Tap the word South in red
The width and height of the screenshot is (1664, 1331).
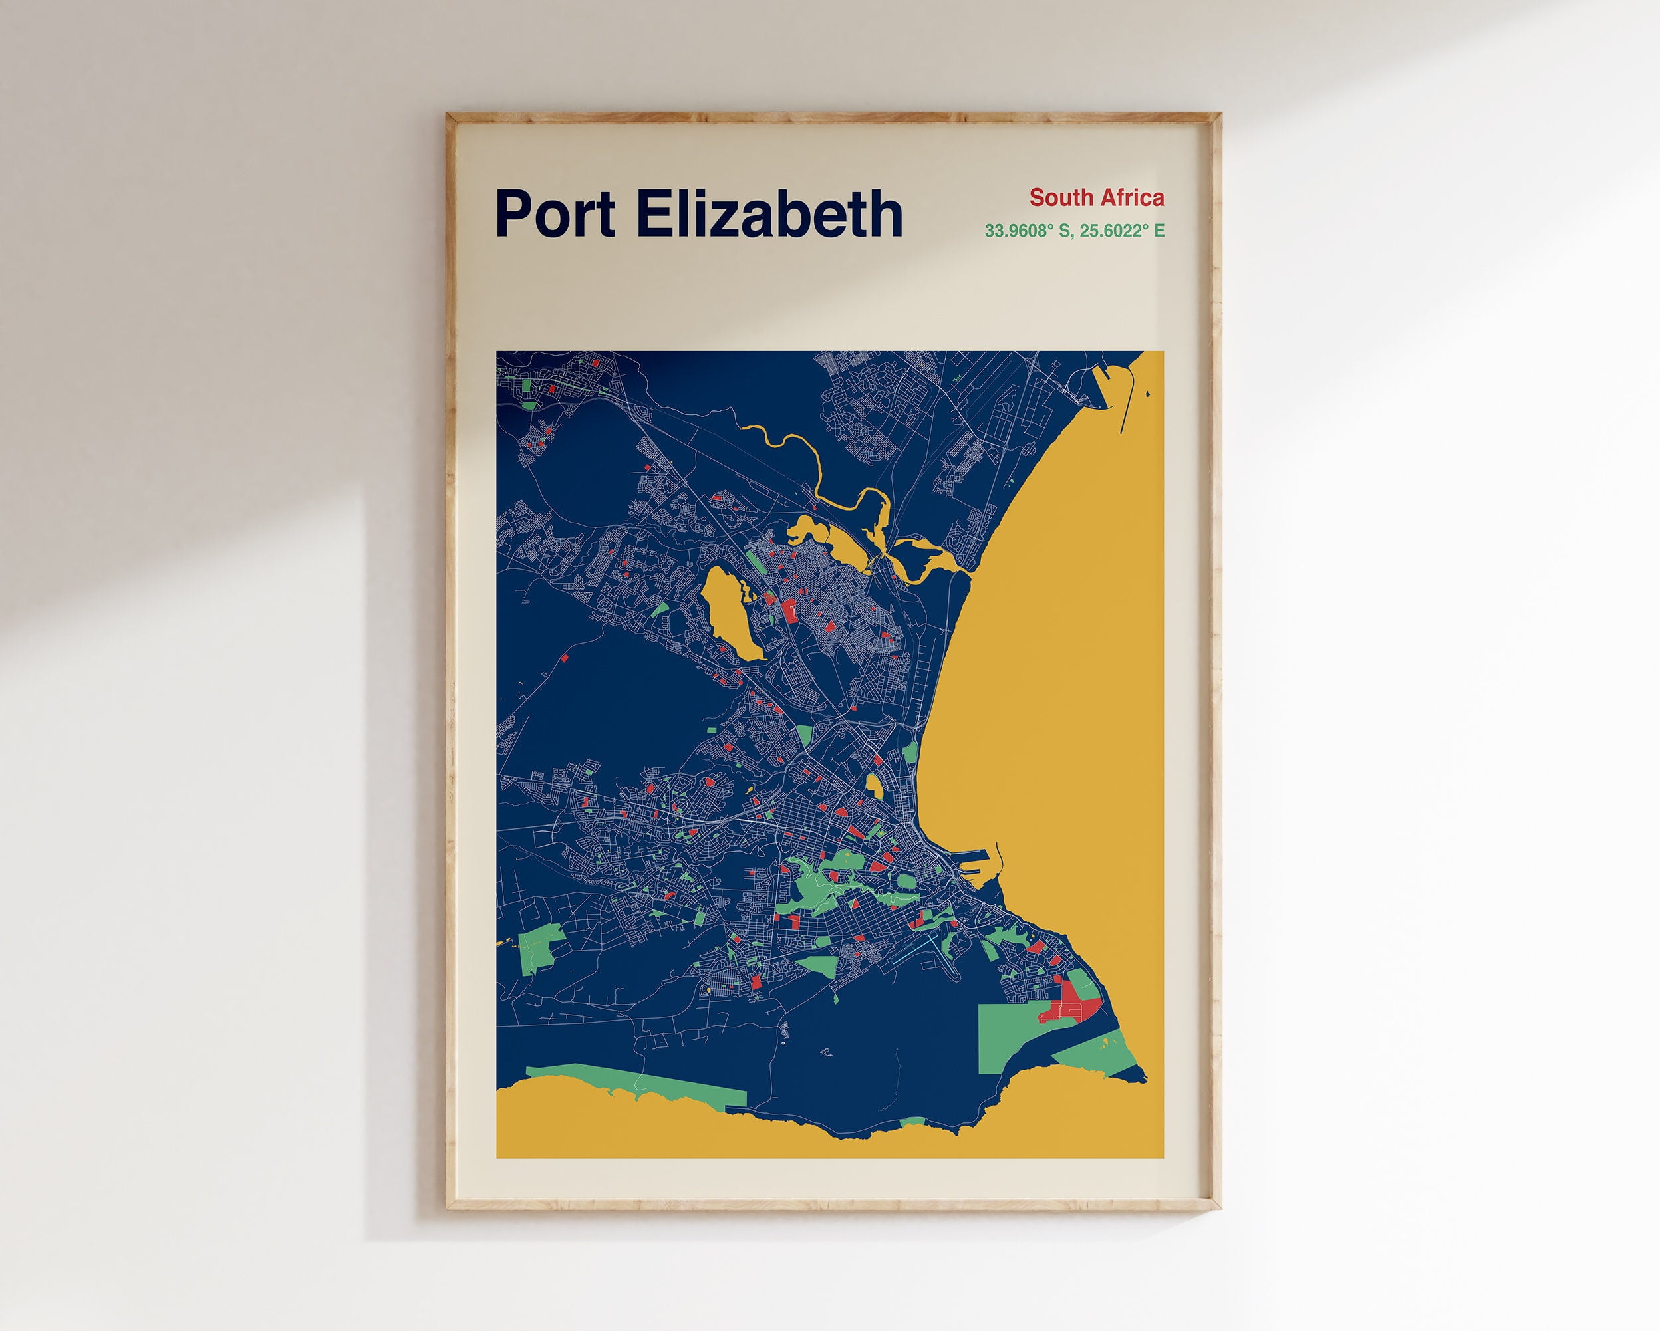[1058, 198]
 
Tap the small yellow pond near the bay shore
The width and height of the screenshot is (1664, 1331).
[875, 786]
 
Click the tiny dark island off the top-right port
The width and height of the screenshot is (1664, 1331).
[1148, 394]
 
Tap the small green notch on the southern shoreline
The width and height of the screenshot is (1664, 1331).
[913, 1121]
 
